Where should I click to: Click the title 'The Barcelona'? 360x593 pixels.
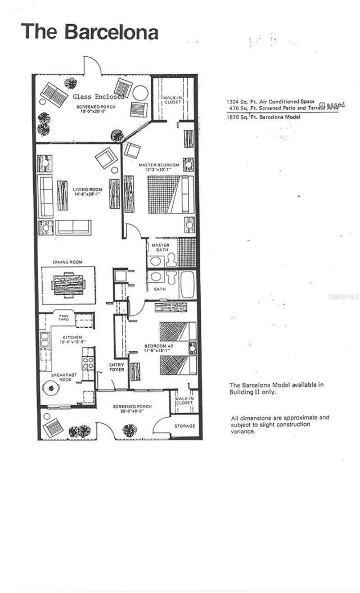click(89, 31)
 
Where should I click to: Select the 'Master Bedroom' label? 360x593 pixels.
click(159, 165)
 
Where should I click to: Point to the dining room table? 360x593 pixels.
click(68, 284)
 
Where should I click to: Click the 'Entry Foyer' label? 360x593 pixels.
click(117, 368)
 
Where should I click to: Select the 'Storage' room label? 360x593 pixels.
click(184, 426)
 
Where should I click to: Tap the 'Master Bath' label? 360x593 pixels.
click(160, 248)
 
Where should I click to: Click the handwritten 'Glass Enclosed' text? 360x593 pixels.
click(98, 97)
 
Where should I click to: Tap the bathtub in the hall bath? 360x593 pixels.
click(187, 285)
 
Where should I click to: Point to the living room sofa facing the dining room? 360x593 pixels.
click(73, 227)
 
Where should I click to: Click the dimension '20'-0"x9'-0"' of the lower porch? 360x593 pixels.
click(132, 411)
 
